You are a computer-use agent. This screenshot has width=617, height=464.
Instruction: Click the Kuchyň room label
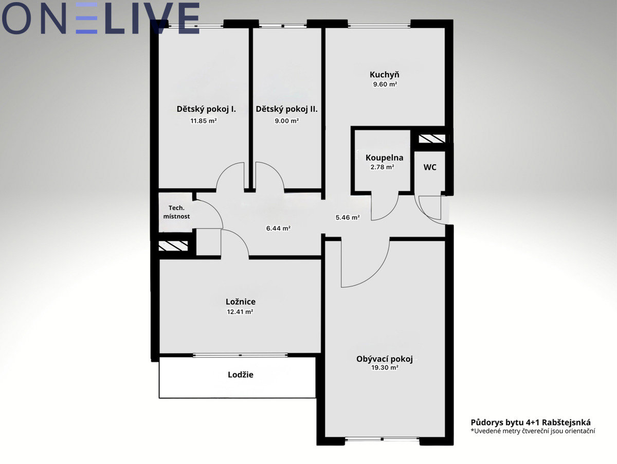(384, 75)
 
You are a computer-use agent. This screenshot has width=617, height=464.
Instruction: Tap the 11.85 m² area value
(204, 121)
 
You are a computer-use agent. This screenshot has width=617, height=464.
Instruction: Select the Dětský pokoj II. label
(286, 109)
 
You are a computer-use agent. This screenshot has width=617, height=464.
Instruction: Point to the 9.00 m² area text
(286, 121)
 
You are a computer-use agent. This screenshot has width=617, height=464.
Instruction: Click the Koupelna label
(384, 158)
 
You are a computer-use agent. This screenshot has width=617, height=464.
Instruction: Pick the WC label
(430, 167)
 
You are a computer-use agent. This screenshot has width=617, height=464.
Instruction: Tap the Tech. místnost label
(176, 212)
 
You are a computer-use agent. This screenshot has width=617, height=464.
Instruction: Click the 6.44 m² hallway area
(278, 228)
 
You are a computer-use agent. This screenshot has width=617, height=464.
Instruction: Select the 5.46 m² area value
(348, 217)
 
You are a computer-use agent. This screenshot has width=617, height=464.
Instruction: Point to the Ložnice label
(241, 302)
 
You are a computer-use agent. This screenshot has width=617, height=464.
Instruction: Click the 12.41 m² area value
(240, 312)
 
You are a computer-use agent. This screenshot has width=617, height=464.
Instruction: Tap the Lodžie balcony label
(240, 374)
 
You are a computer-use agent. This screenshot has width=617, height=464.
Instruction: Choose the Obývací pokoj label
(384, 359)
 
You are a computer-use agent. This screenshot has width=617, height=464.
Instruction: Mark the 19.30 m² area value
(385, 367)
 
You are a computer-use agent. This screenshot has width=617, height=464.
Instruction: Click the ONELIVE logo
(100, 19)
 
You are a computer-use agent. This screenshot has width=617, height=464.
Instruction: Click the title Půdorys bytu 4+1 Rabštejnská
(531, 430)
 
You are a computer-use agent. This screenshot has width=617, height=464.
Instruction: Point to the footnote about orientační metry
(533, 439)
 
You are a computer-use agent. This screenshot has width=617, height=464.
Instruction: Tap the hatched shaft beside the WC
(432, 139)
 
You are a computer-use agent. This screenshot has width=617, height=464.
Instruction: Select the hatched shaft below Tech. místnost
(173, 246)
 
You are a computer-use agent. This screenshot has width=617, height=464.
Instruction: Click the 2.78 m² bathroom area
(383, 167)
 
